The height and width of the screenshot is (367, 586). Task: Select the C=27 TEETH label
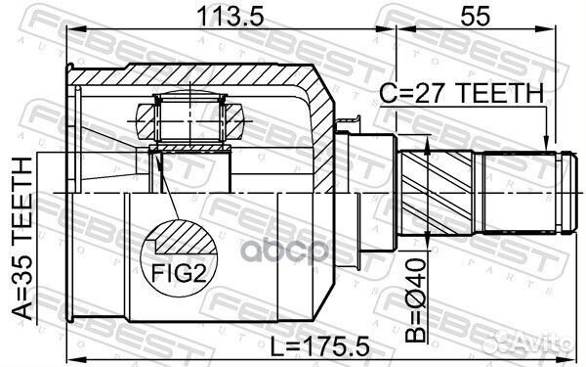(x=461, y=93)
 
